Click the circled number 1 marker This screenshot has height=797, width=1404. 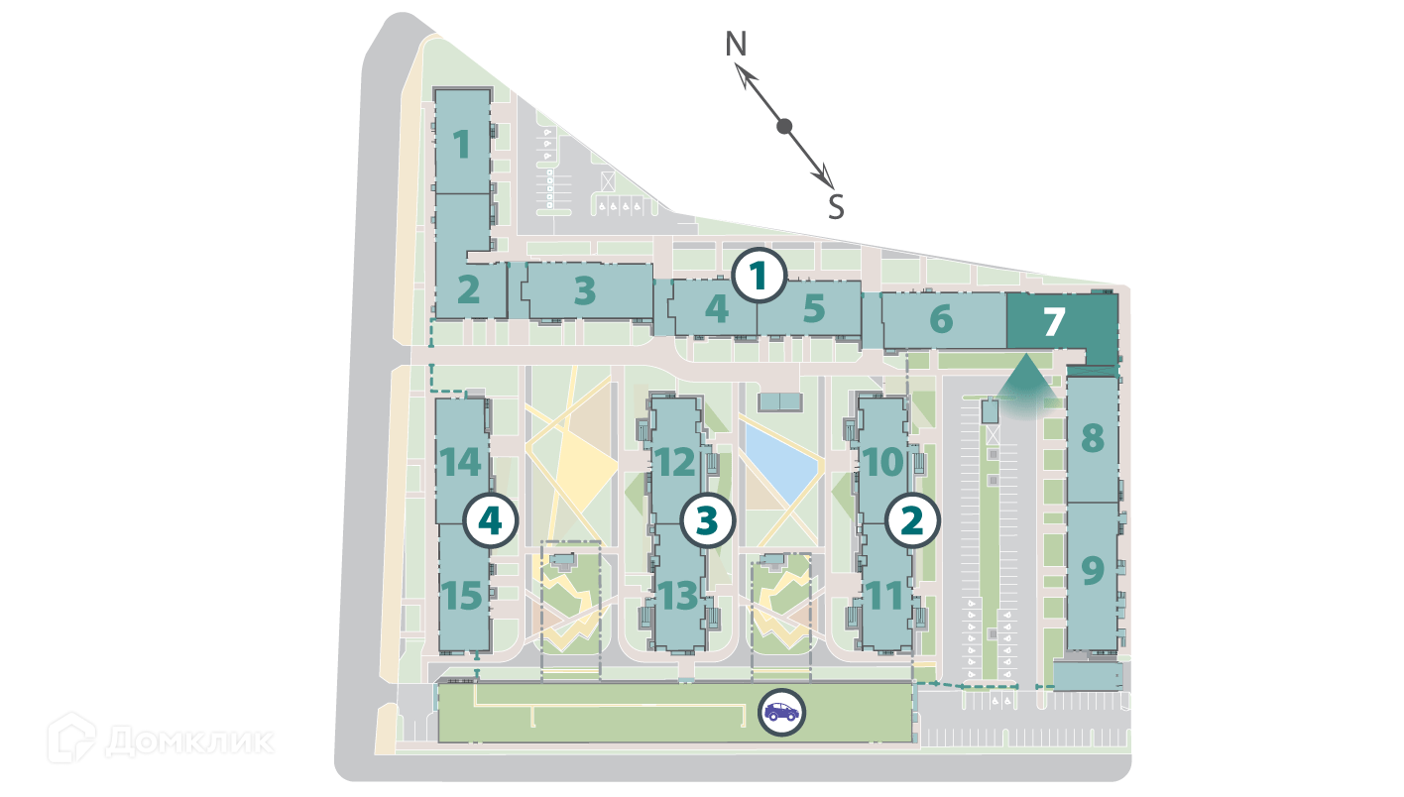759,277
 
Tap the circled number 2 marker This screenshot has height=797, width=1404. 912,520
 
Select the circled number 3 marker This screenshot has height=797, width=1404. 706,519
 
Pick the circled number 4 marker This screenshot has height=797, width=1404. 492,520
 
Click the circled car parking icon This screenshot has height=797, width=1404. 781,712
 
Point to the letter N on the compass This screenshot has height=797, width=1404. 735,45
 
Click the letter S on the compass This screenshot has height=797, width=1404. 836,207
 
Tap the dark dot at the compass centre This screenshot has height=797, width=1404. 784,126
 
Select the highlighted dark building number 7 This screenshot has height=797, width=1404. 1054,321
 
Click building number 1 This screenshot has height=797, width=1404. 462,145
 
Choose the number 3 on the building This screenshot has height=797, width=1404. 585,290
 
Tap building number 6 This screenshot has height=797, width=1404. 941,319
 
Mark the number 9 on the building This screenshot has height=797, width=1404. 1092,571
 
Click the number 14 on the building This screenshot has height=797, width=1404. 462,462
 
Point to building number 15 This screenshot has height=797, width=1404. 462,596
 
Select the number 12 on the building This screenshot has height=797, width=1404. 678,461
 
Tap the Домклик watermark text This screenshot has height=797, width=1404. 188,740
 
